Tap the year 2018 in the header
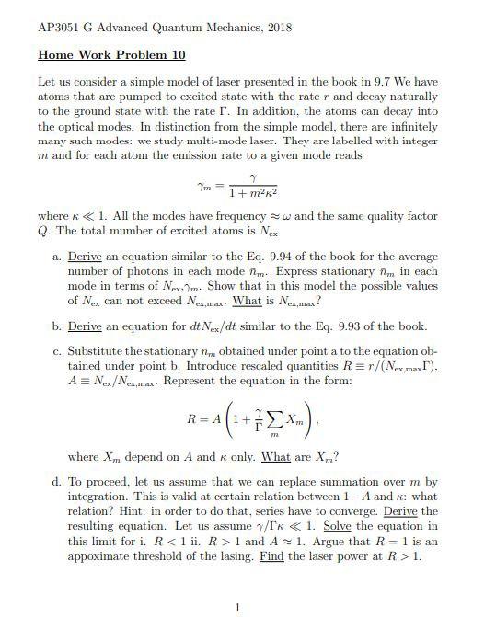click(x=274, y=28)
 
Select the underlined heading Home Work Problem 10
click(x=111, y=55)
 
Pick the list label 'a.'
click(x=58, y=257)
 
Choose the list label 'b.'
click(x=58, y=326)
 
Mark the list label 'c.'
click(x=58, y=352)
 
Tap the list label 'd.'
click(x=58, y=481)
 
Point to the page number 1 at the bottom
click(x=237, y=607)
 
